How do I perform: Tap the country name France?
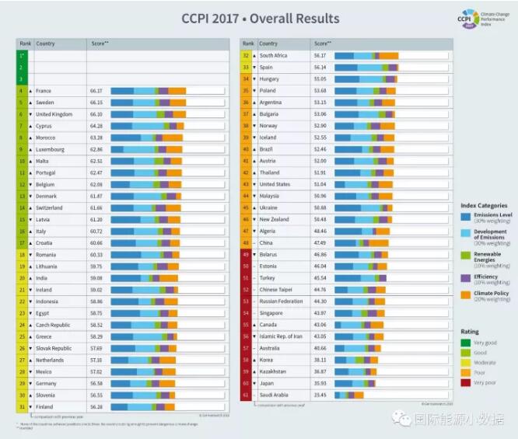(x=44, y=91)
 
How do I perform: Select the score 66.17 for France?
(x=96, y=91)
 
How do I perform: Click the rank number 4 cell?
(x=21, y=91)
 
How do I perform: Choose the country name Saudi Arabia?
(x=275, y=395)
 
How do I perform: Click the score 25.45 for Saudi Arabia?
(x=320, y=395)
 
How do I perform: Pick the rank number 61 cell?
(x=246, y=395)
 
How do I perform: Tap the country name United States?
(x=275, y=184)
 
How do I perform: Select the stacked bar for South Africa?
(x=366, y=56)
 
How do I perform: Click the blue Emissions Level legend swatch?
(x=464, y=216)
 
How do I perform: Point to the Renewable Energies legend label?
(x=488, y=256)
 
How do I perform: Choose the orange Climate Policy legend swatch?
(x=464, y=294)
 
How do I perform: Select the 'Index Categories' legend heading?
(x=484, y=206)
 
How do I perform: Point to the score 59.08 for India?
(x=96, y=277)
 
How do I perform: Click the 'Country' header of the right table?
(x=268, y=44)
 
